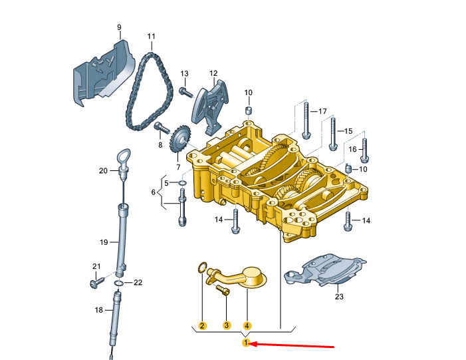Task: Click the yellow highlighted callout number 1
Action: point(246,343)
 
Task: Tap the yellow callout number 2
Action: point(202,325)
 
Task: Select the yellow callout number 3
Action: point(227,325)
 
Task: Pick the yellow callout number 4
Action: point(247,325)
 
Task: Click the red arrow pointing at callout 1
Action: point(292,345)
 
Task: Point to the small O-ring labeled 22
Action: point(118,283)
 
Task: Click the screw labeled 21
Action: point(97,282)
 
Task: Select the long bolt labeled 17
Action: point(306,120)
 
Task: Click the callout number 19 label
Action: point(104,242)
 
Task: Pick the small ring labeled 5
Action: point(182,182)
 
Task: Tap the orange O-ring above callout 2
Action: point(202,268)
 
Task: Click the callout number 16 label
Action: point(352,149)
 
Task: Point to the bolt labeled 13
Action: point(186,92)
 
